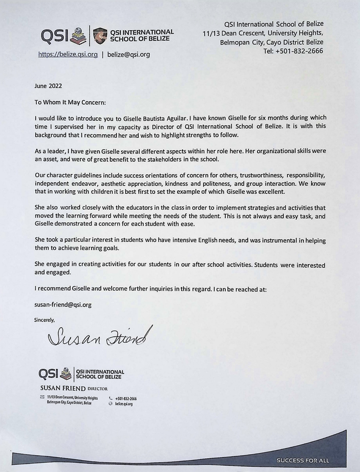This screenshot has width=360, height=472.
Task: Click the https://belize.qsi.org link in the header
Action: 67,55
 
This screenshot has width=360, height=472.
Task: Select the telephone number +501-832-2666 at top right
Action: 293,51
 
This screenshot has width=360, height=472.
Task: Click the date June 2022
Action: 48,86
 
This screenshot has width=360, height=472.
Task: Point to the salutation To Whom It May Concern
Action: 70,102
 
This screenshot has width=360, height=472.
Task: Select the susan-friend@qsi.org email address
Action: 63,305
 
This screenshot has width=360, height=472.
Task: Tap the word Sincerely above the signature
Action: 45,319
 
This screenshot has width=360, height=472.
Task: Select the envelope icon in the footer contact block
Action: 42,397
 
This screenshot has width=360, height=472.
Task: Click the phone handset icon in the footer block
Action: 111,398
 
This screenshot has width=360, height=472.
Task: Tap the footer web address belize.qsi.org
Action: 124,403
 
